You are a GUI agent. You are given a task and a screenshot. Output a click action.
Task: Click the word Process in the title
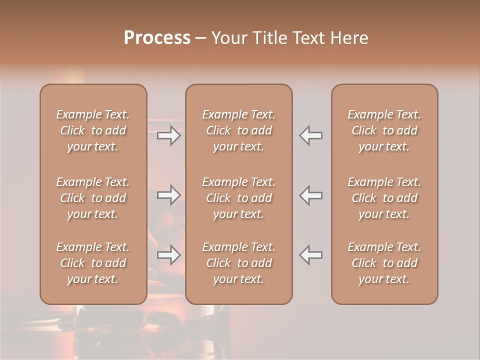[x=157, y=38]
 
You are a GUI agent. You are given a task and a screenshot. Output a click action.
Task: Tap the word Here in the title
[x=349, y=38]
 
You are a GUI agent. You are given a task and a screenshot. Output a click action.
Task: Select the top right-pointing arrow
[x=168, y=135]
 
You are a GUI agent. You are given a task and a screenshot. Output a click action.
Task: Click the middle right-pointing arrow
[x=168, y=195]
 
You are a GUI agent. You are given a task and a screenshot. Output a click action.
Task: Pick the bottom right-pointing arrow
[x=168, y=255]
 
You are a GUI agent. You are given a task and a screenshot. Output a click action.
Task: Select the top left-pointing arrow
[x=310, y=135]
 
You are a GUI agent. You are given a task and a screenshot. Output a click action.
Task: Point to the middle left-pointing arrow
[x=310, y=195]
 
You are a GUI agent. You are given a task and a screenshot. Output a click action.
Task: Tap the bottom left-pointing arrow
[x=310, y=255]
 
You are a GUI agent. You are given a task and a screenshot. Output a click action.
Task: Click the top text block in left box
[x=93, y=130]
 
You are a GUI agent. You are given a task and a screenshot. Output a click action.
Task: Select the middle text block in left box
[x=93, y=198]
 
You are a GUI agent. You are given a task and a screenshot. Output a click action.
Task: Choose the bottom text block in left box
[x=93, y=263]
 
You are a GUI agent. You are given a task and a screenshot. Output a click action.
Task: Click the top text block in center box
[x=238, y=130]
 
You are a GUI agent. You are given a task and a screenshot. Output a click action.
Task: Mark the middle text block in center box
[x=238, y=198]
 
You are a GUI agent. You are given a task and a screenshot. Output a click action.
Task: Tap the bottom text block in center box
[x=238, y=263]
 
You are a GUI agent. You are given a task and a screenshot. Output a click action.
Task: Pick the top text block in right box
[x=384, y=130]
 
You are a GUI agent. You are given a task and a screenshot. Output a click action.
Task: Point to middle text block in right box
[x=384, y=198]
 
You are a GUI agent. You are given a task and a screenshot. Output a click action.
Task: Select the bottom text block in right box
[x=384, y=263]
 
